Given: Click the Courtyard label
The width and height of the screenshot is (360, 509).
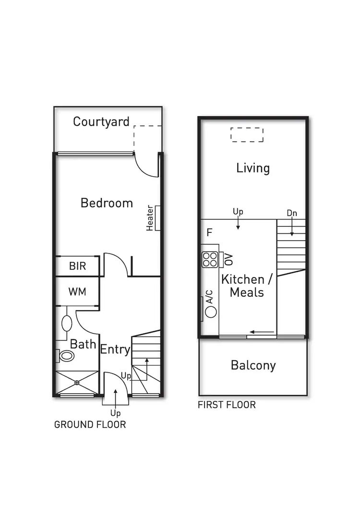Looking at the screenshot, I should [x=101, y=121].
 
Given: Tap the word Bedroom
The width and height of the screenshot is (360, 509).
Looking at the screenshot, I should [x=107, y=203].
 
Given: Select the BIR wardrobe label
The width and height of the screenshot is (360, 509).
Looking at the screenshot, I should [x=77, y=266].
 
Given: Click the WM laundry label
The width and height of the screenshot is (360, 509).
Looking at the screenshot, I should [x=77, y=291].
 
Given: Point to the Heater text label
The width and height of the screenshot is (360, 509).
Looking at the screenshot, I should [x=150, y=218].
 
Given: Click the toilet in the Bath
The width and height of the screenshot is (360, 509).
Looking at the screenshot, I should [x=66, y=356].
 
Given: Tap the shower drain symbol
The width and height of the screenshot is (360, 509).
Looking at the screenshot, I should [x=77, y=383].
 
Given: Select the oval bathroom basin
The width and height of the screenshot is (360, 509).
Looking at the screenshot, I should [x=67, y=323].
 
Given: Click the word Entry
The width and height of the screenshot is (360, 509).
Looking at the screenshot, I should [x=115, y=350].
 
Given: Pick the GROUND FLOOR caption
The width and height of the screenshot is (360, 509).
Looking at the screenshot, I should [x=90, y=424].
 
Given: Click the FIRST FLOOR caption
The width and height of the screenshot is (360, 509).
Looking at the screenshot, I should [x=227, y=405].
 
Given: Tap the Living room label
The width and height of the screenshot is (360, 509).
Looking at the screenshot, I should [x=253, y=168].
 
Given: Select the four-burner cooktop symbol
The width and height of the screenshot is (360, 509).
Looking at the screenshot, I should [x=209, y=259].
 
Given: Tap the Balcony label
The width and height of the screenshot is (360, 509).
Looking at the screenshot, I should [x=253, y=365].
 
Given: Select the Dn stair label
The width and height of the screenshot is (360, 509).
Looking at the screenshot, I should [x=292, y=213].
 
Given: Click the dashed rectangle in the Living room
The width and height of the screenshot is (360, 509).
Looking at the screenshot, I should [x=247, y=134].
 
